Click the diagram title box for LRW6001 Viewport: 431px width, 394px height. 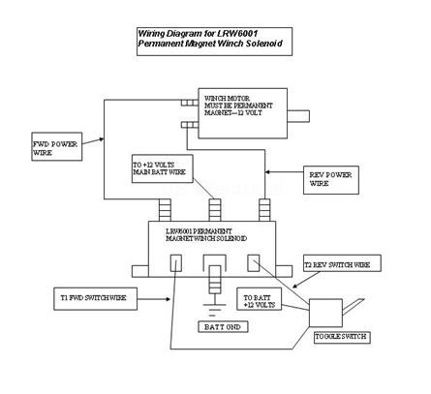click(214, 42)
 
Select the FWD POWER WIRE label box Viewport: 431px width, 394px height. click(57, 146)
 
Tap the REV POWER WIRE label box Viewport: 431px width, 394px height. click(331, 180)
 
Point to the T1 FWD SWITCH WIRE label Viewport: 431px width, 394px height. click(95, 299)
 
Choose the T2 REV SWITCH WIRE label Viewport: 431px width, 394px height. click(342, 263)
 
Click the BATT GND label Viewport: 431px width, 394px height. click(223, 327)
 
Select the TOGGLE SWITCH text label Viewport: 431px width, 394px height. click(342, 337)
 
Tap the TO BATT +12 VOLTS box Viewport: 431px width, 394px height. click(259, 299)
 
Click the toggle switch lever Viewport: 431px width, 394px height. click(354, 307)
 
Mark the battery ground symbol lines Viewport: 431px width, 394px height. click(214, 309)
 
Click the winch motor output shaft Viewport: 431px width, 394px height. click(298, 116)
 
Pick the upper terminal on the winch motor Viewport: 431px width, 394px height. click(190, 103)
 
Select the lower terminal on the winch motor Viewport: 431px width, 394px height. click(190, 125)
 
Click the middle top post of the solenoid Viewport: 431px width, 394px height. click(215, 210)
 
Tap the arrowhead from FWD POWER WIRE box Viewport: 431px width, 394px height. click(102, 139)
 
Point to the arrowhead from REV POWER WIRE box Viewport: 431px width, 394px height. click(268, 172)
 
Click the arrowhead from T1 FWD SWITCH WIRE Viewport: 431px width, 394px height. click(168, 299)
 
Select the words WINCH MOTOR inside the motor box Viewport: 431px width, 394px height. click(227, 98)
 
